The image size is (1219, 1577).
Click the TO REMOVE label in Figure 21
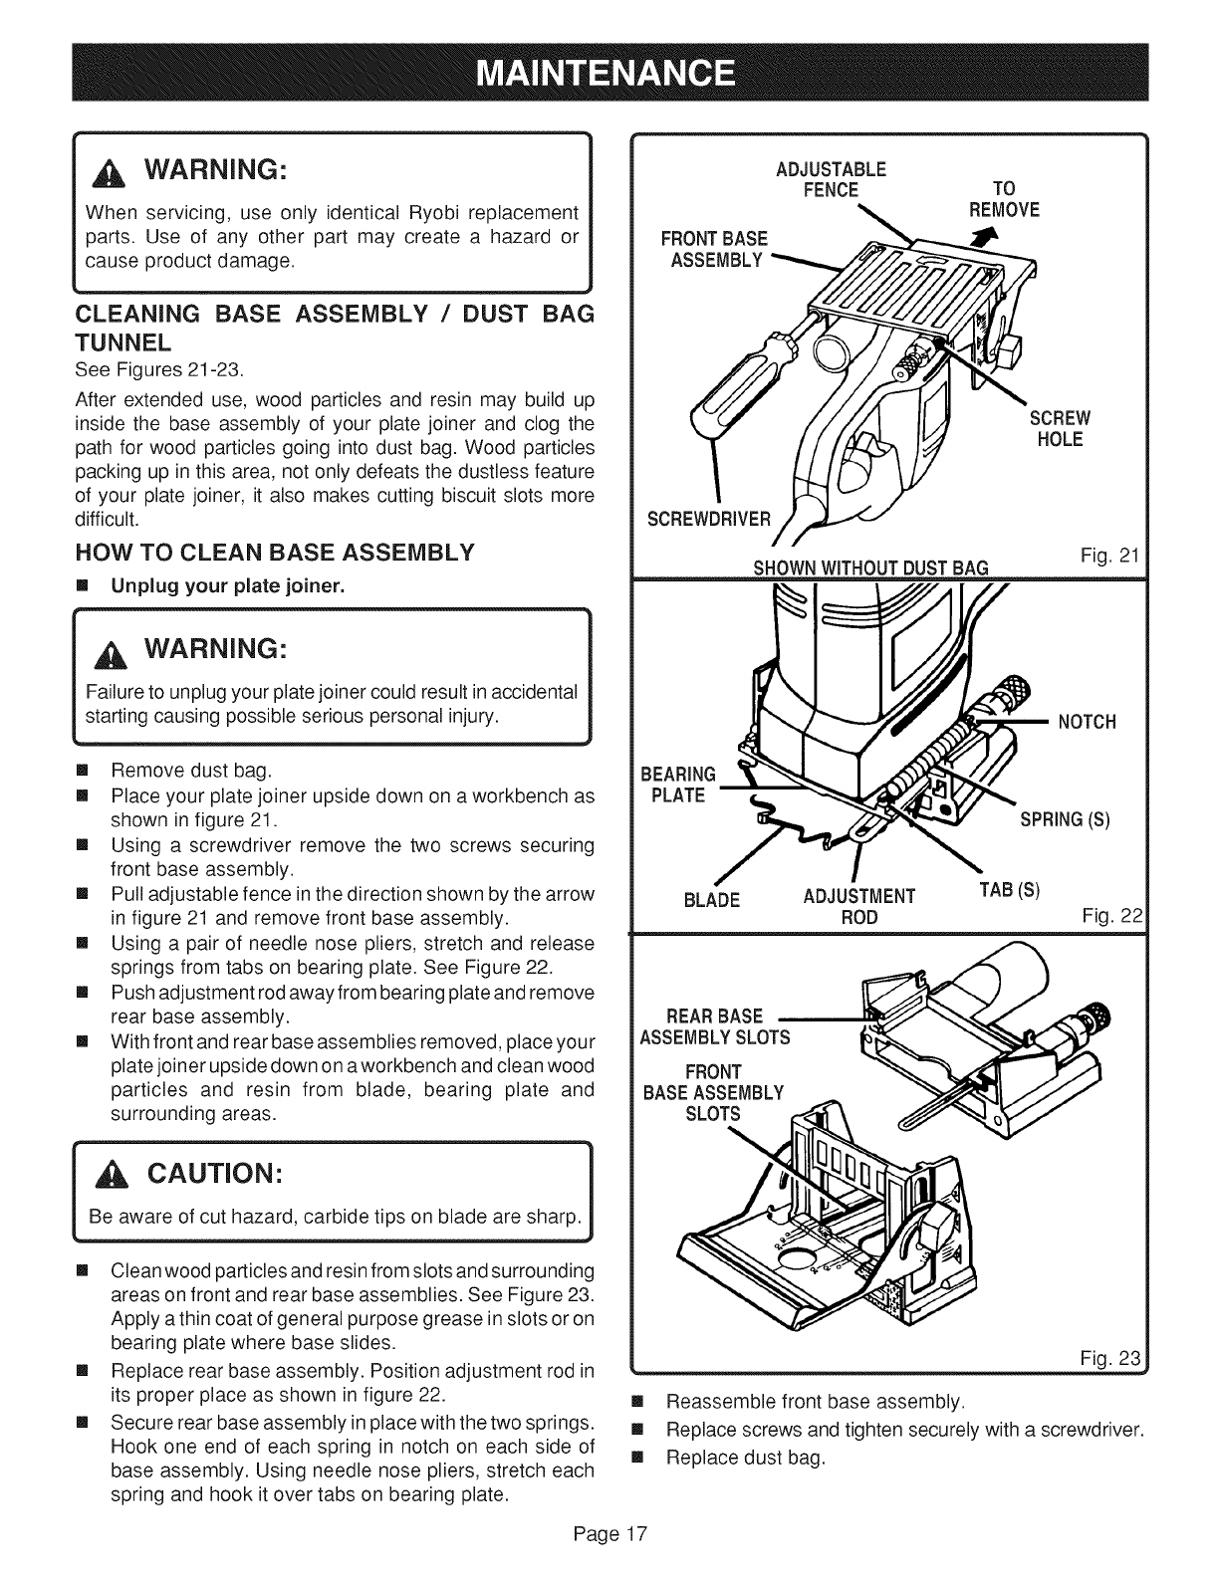coord(1004,199)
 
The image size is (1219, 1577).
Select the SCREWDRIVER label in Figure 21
coord(708,519)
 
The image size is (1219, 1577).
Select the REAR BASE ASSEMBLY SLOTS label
coord(714,1026)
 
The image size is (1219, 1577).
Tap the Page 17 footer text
coord(609,1533)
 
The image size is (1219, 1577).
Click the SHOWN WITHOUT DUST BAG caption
coord(869,567)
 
